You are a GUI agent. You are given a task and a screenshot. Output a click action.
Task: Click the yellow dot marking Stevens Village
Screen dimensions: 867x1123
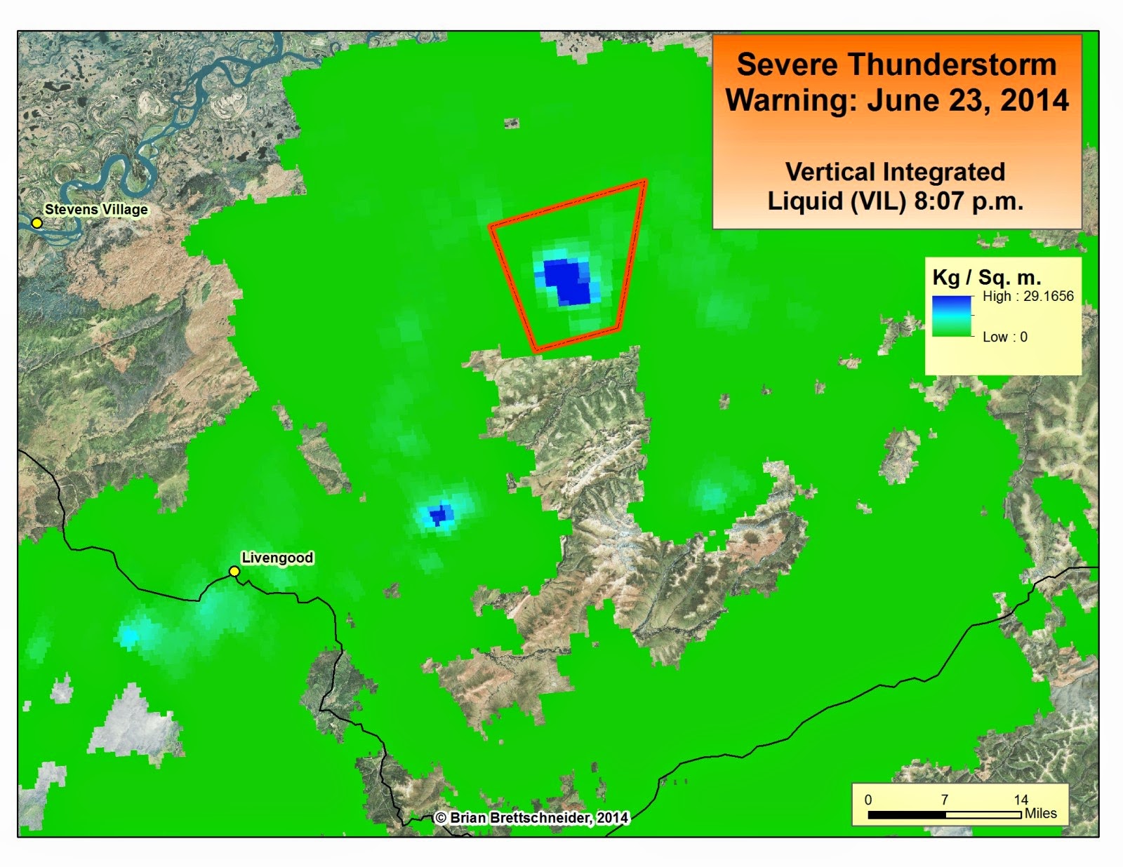pyautogui.click(x=37, y=223)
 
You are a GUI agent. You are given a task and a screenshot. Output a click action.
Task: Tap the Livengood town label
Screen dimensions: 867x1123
pyautogui.click(x=277, y=558)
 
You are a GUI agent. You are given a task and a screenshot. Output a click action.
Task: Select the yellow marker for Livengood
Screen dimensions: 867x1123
pyautogui.click(x=234, y=572)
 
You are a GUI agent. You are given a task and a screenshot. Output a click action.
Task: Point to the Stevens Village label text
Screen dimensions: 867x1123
pyautogui.click(x=96, y=209)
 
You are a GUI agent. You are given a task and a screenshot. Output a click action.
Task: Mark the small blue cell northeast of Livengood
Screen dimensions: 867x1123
pyautogui.click(x=439, y=516)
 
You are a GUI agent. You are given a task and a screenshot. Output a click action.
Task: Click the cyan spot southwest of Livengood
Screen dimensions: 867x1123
pyautogui.click(x=130, y=636)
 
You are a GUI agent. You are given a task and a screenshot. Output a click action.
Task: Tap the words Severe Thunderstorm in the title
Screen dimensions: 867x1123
pyautogui.click(x=896, y=65)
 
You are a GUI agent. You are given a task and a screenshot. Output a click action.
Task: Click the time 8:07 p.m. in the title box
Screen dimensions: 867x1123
pyautogui.click(x=969, y=201)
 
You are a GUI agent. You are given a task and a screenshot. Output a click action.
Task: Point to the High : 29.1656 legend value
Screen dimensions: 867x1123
pyautogui.click(x=1028, y=296)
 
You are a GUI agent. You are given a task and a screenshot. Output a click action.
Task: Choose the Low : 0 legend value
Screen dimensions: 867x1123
pyautogui.click(x=1004, y=337)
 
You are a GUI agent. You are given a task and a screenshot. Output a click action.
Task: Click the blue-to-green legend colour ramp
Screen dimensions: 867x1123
pyautogui.click(x=952, y=316)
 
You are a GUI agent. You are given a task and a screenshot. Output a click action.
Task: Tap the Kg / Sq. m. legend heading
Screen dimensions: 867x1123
pyautogui.click(x=986, y=277)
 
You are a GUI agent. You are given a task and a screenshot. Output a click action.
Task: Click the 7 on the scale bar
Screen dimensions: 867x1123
pyautogui.click(x=945, y=800)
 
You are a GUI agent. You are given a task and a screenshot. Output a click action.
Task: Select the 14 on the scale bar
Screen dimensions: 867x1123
pyautogui.click(x=1021, y=800)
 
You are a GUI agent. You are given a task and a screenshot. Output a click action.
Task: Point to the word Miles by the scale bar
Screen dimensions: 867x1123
pyautogui.click(x=1040, y=813)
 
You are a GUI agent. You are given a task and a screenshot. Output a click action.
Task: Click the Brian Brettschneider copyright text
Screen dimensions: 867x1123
pyautogui.click(x=531, y=818)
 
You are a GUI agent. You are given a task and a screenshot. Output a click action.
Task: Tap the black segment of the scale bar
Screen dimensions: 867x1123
pyautogui.click(x=907, y=815)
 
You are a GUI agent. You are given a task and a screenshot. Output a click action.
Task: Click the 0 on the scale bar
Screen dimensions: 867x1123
pyautogui.click(x=868, y=800)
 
